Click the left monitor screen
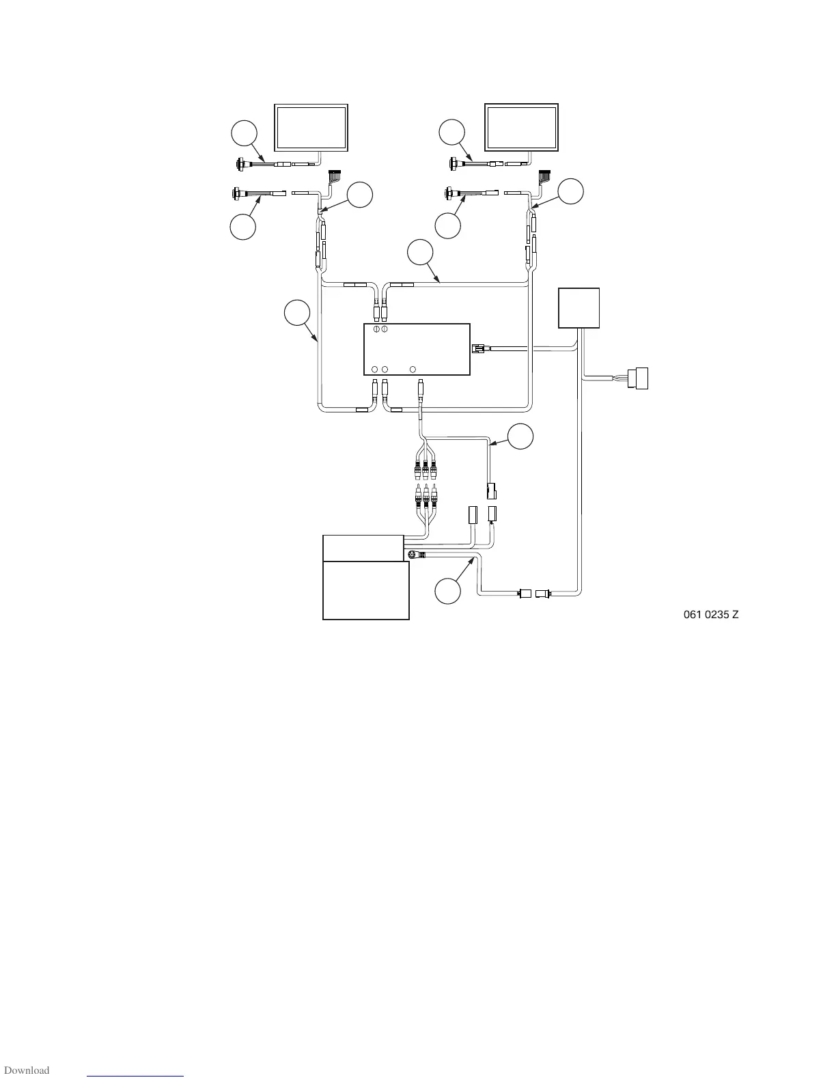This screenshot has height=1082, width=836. click(x=310, y=127)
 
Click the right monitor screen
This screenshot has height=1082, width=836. click(x=521, y=127)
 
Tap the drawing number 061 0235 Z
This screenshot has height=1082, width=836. click(x=711, y=615)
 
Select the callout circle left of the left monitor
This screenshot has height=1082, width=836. click(x=244, y=133)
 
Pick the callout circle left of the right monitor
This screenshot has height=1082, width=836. click(x=452, y=132)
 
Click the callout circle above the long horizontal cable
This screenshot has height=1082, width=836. click(x=420, y=252)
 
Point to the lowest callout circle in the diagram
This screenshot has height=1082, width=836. click(x=448, y=591)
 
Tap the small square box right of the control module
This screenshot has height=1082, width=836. click(x=579, y=308)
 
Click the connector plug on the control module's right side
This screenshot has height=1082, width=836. click(x=479, y=349)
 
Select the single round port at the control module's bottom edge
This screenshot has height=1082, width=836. click(x=413, y=370)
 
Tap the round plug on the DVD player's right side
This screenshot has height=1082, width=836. click(x=413, y=555)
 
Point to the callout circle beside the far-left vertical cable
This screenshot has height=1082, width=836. click(x=296, y=312)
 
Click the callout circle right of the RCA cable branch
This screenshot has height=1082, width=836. click(x=520, y=436)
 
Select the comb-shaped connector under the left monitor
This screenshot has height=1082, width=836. click(x=335, y=176)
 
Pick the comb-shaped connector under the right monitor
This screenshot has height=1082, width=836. click(x=545, y=175)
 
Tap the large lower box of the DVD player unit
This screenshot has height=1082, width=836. click(x=365, y=590)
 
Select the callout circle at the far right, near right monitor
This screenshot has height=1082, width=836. click(x=571, y=192)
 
